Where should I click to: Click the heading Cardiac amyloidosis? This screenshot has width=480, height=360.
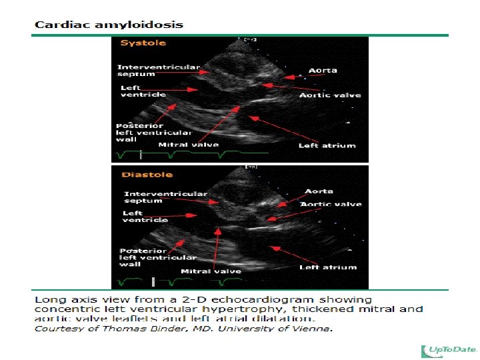point(109,25)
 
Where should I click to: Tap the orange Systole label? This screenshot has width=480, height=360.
point(143,43)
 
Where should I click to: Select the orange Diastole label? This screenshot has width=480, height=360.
point(147,175)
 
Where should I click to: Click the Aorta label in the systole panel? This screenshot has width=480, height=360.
point(323,71)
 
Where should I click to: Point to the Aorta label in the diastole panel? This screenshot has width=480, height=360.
point(319,191)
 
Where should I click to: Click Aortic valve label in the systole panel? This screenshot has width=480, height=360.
point(330,95)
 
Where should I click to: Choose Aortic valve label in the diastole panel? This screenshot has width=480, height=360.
point(331,204)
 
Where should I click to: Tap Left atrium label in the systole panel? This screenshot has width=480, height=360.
point(327,145)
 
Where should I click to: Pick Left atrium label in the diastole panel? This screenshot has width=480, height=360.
point(328,267)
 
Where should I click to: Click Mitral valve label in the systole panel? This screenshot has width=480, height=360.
point(189,145)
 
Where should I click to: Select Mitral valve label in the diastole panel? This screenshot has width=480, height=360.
point(211,271)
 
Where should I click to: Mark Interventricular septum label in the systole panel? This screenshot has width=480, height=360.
point(159,71)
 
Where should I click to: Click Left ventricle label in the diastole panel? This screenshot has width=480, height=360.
point(145,217)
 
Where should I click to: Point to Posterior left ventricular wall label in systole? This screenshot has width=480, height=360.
point(154,133)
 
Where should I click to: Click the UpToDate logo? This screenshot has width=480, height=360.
point(449,351)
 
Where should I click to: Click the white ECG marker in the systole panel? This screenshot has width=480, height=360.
point(141,155)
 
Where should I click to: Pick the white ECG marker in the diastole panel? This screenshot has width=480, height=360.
point(153,282)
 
